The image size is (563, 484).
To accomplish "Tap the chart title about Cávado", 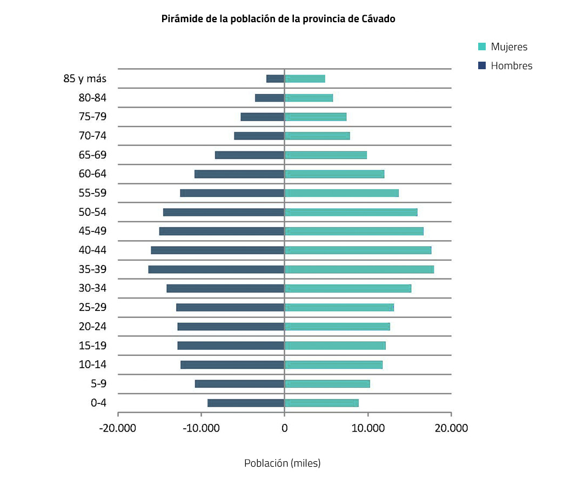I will pyautogui.click(x=278, y=19).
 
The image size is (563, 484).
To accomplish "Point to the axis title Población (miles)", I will pyautogui.click(x=282, y=463).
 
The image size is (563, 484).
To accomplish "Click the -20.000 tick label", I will pyautogui.click(x=118, y=428).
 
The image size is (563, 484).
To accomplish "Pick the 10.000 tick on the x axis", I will pyautogui.click(x=367, y=428).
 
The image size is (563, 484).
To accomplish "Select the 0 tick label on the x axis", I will pyautogui.click(x=284, y=428).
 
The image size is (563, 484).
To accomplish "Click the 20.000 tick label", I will pyautogui.click(x=451, y=428).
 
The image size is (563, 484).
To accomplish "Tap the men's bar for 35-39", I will pyautogui.click(x=216, y=269).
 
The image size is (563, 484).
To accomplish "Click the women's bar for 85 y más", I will pyautogui.click(x=305, y=79).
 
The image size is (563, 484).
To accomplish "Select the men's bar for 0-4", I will pyautogui.click(x=246, y=403).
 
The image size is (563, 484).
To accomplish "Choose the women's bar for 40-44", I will pyautogui.click(x=358, y=250).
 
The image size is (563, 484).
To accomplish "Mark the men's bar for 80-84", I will pyautogui.click(x=270, y=98).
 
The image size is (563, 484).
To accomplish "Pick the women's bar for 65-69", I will pyautogui.click(x=325, y=155).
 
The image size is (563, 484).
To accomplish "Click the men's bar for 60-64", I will pyautogui.click(x=239, y=174).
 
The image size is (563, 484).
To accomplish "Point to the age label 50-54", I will pyautogui.click(x=92, y=212).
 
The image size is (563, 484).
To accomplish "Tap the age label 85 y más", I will pyautogui.click(x=85, y=79).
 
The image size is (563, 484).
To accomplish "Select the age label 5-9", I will pyautogui.click(x=98, y=384).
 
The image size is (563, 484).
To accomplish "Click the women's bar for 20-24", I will pyautogui.click(x=337, y=327).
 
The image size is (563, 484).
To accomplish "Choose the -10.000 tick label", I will pyautogui.click(x=201, y=428).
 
